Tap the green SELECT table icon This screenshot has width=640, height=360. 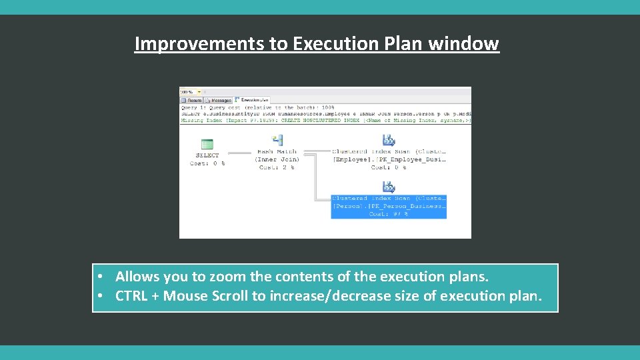click(x=207, y=144)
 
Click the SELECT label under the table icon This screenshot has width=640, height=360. click(x=207, y=155)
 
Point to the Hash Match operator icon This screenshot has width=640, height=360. click(x=277, y=140)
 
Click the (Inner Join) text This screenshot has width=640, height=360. click(x=277, y=159)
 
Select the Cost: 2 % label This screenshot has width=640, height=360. click(x=277, y=167)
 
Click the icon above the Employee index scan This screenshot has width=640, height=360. click(x=388, y=140)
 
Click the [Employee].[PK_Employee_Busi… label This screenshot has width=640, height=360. click(x=389, y=159)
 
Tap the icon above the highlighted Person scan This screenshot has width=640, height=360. click(x=388, y=187)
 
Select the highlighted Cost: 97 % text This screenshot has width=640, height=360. click(x=389, y=214)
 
